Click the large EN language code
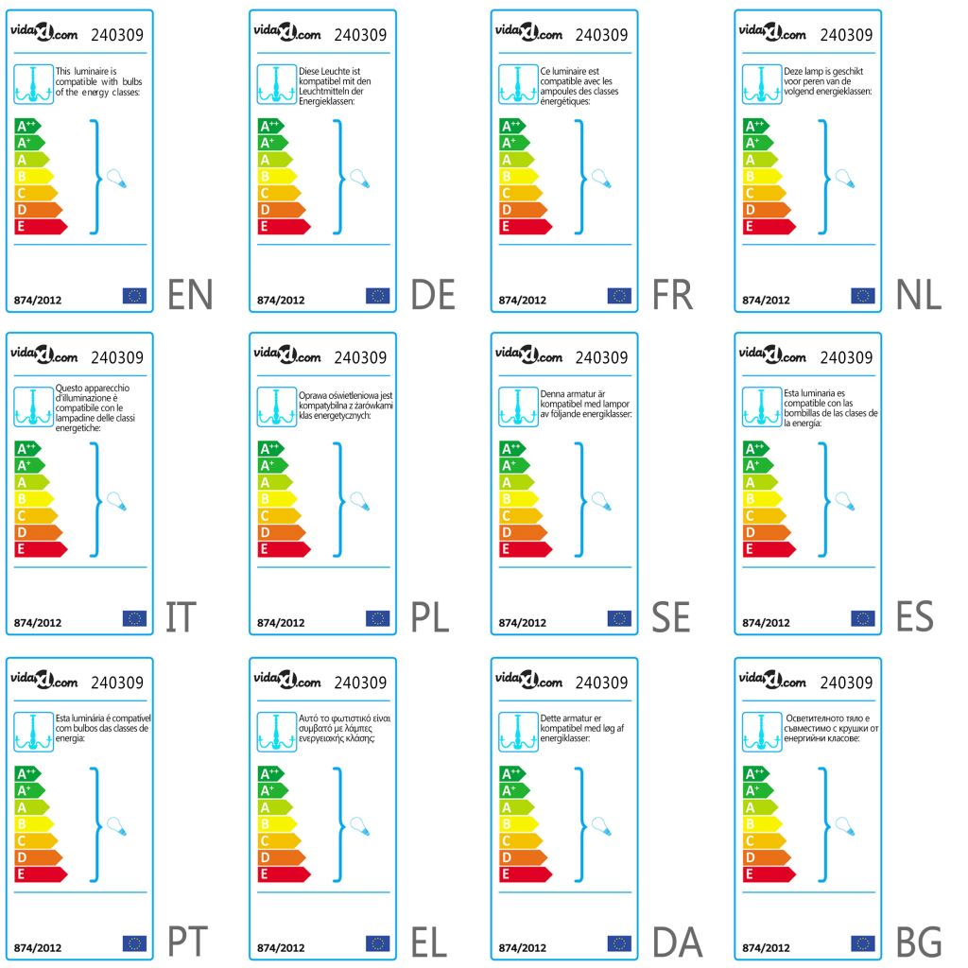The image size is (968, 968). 190,295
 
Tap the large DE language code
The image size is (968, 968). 433,295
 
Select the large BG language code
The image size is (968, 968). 919,942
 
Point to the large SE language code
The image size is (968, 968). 671,618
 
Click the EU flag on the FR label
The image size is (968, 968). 619,296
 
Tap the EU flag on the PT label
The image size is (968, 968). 134,942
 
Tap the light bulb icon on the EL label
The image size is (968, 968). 357,825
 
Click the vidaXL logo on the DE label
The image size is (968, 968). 286,32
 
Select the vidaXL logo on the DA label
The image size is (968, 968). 528,680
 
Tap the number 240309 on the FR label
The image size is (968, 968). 601,35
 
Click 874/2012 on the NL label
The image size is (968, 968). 766,300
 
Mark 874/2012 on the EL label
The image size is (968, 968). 281,946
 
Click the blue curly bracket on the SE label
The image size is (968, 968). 579,499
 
